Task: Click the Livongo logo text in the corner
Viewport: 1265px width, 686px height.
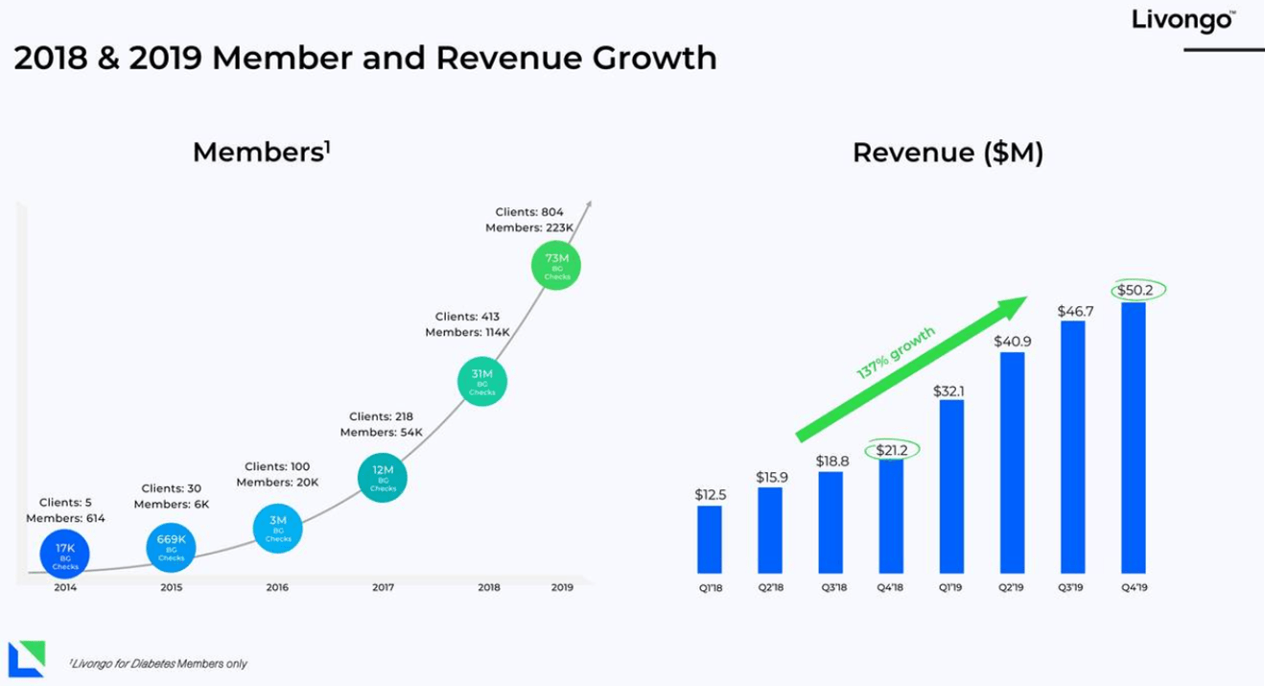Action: [x=1183, y=20]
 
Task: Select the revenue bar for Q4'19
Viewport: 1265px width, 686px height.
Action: [x=1133, y=438]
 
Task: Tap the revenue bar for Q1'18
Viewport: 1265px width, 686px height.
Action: [x=710, y=539]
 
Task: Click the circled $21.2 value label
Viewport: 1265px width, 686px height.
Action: [x=892, y=449]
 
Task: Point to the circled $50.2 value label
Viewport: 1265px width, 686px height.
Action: [x=1133, y=290]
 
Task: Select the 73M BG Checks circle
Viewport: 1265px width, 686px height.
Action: [x=556, y=266]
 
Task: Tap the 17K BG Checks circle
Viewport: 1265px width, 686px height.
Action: [x=65, y=555]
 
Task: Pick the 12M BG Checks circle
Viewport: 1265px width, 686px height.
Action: [x=383, y=477]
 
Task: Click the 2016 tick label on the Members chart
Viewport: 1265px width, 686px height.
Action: [x=277, y=587]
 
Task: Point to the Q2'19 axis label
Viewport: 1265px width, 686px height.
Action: [x=1012, y=587]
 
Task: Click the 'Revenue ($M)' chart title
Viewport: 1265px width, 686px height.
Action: [x=948, y=153]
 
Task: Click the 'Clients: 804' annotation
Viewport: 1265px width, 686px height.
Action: [x=529, y=212]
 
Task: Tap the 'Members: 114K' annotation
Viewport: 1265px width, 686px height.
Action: [x=468, y=332]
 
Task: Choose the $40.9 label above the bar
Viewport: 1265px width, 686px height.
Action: [x=1012, y=341]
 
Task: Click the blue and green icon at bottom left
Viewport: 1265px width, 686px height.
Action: [x=26, y=659]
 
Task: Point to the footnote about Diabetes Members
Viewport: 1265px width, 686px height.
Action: [x=158, y=664]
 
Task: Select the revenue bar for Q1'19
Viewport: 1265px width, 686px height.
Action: [x=951, y=486]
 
